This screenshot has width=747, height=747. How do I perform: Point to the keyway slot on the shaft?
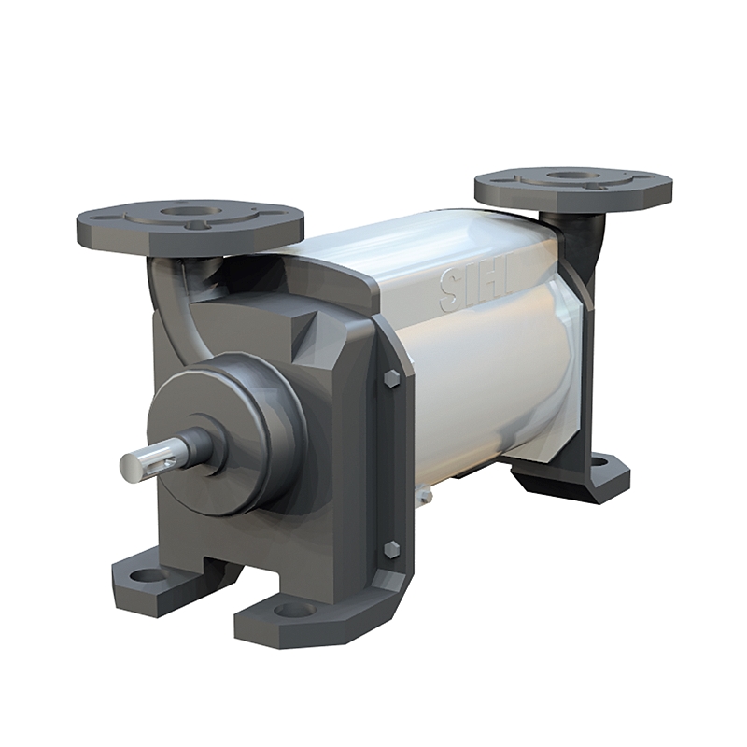166,455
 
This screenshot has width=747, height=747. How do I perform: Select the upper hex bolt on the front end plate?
392,378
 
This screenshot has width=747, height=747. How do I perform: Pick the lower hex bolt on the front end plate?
392,549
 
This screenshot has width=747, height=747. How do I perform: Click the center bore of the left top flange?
190,211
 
